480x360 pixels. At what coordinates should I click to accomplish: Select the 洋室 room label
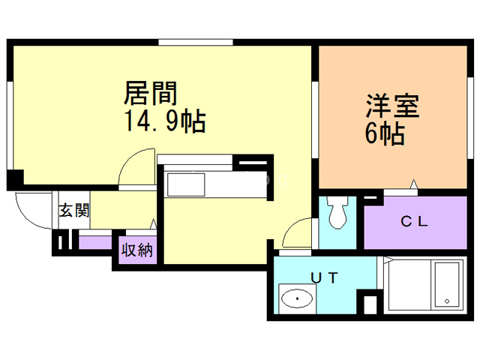[392, 105]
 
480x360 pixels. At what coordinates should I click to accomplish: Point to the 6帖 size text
[385, 134]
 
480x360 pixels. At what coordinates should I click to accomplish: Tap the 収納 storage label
[135, 249]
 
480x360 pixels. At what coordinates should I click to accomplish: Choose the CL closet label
[413, 222]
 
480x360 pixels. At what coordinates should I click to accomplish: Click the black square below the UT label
[368, 305]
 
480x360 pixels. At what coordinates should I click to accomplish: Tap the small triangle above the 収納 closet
[153, 223]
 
